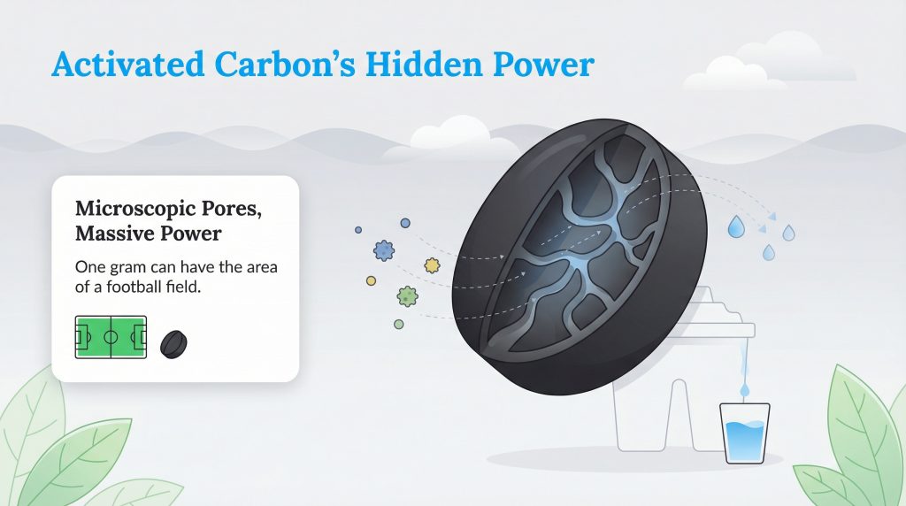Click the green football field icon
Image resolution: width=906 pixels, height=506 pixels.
click(111, 337)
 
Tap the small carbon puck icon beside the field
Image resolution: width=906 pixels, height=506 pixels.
click(173, 343)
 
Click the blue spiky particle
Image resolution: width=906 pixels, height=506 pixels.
click(384, 249)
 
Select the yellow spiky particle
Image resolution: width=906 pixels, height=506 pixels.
click(432, 264)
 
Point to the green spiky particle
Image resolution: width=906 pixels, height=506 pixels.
click(407, 295)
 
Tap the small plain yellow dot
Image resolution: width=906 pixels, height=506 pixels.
click(371, 280)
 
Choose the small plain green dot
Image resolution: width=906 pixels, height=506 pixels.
click(399, 325)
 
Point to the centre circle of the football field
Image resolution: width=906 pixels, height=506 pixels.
click(111, 337)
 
